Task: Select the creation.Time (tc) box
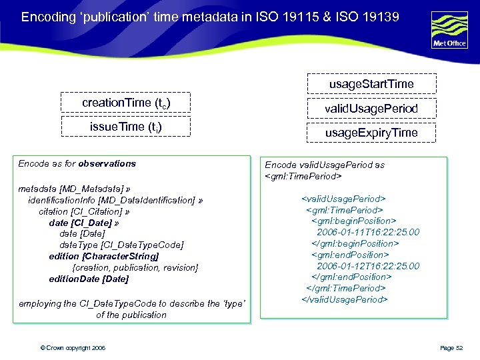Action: [x=126, y=103]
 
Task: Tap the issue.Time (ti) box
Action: [x=126, y=127]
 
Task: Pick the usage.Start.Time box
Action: [x=371, y=83]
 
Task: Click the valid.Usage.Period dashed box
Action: [x=371, y=108]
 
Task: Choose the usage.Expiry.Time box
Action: [x=371, y=133]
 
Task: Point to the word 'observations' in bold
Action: [x=107, y=163]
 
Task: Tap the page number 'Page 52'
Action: [x=456, y=348]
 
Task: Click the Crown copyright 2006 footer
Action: [x=73, y=348]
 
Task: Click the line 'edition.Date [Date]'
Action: [x=89, y=279]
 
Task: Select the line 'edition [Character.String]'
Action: [x=104, y=256]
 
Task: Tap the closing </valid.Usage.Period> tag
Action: [x=345, y=299]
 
